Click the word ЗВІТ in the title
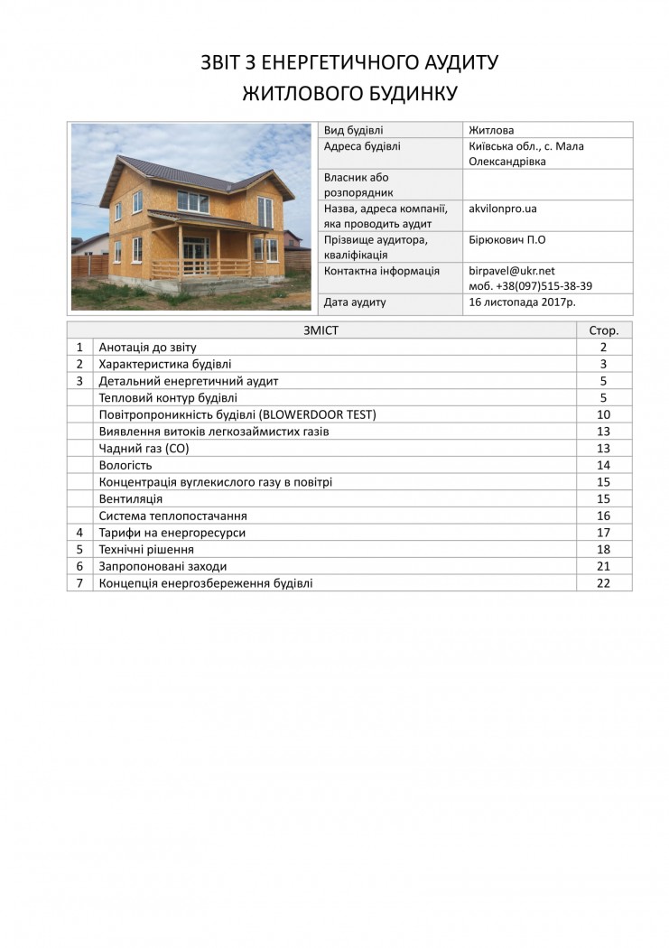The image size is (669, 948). [x=226, y=62]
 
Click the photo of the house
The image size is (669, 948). [x=190, y=217]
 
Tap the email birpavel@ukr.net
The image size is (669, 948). [x=512, y=271]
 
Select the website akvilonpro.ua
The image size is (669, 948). [x=503, y=209]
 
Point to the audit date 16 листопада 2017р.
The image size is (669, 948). [x=522, y=302]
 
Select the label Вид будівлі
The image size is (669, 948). [x=354, y=130]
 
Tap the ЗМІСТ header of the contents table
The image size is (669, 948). [x=321, y=330]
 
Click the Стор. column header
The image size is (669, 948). [x=604, y=330]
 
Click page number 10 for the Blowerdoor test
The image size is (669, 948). [x=604, y=414]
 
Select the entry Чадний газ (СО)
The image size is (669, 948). [x=138, y=449]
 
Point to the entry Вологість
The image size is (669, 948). [x=125, y=466]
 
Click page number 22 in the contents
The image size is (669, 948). [x=604, y=583]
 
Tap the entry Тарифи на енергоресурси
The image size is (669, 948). [x=172, y=533]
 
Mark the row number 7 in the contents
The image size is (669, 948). [x=79, y=583]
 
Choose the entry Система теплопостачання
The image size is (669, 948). [x=172, y=516]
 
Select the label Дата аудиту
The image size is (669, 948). [x=355, y=302]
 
